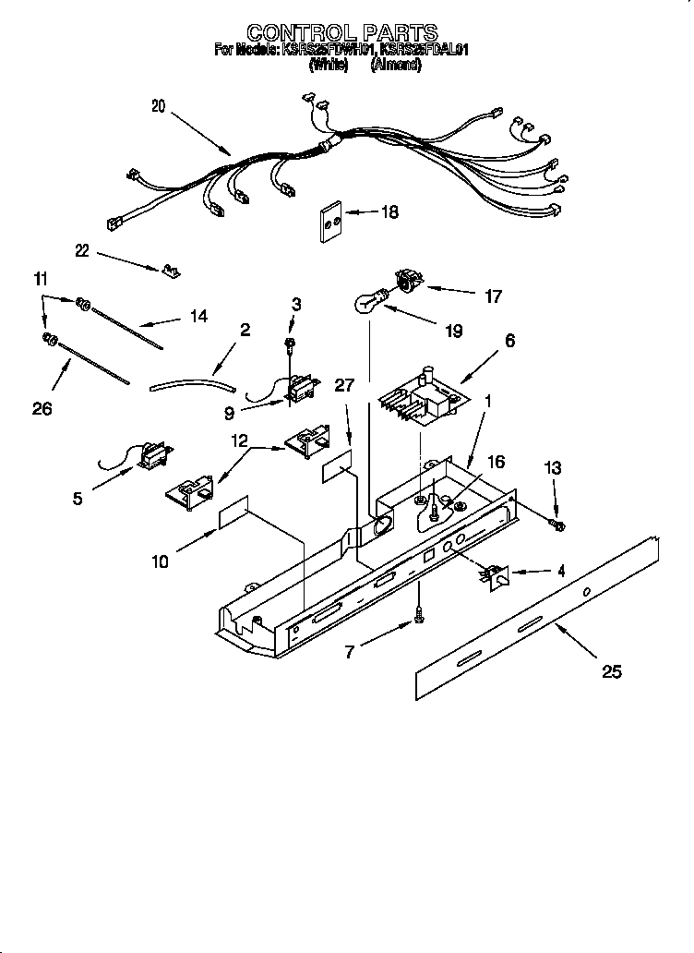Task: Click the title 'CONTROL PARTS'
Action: tap(342, 33)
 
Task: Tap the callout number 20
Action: tap(158, 106)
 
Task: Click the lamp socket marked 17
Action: tap(406, 280)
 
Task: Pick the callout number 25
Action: tap(611, 671)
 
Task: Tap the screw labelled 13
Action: tap(557, 525)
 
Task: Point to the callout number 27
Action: tap(342, 386)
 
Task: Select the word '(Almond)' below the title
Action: tap(396, 66)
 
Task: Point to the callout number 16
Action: tap(496, 462)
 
